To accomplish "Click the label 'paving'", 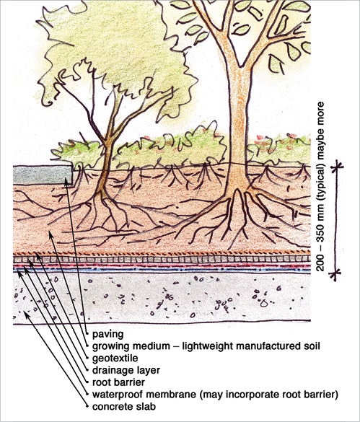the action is [108, 335].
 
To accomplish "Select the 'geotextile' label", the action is [115, 359].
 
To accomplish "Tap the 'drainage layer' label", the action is [126, 370].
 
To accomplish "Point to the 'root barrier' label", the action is [118, 382].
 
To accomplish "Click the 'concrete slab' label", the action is [124, 406].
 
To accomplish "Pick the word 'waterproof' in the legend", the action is [117, 395].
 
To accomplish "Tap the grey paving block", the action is [43, 175].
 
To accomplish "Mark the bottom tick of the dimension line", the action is [335, 273].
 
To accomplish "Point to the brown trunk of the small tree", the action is [104, 167].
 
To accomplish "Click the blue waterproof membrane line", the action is [162, 269].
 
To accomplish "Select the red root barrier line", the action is [162, 265].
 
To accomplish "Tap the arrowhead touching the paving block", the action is [66, 182].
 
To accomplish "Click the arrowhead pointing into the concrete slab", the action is [25, 313].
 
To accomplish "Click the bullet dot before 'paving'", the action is [87, 334].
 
